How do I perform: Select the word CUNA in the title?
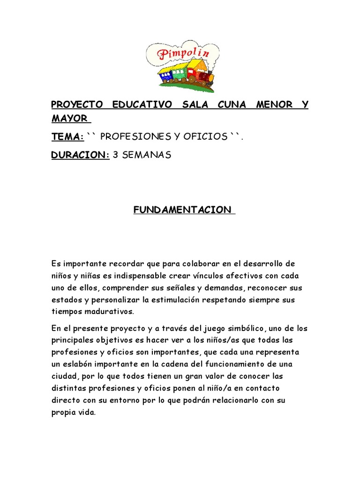[x=232, y=104]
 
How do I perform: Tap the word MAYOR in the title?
[x=69, y=118]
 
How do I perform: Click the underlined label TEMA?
[x=67, y=136]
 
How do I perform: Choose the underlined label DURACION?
[x=80, y=155]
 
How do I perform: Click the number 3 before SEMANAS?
[x=116, y=155]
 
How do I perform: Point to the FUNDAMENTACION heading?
[x=183, y=210]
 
